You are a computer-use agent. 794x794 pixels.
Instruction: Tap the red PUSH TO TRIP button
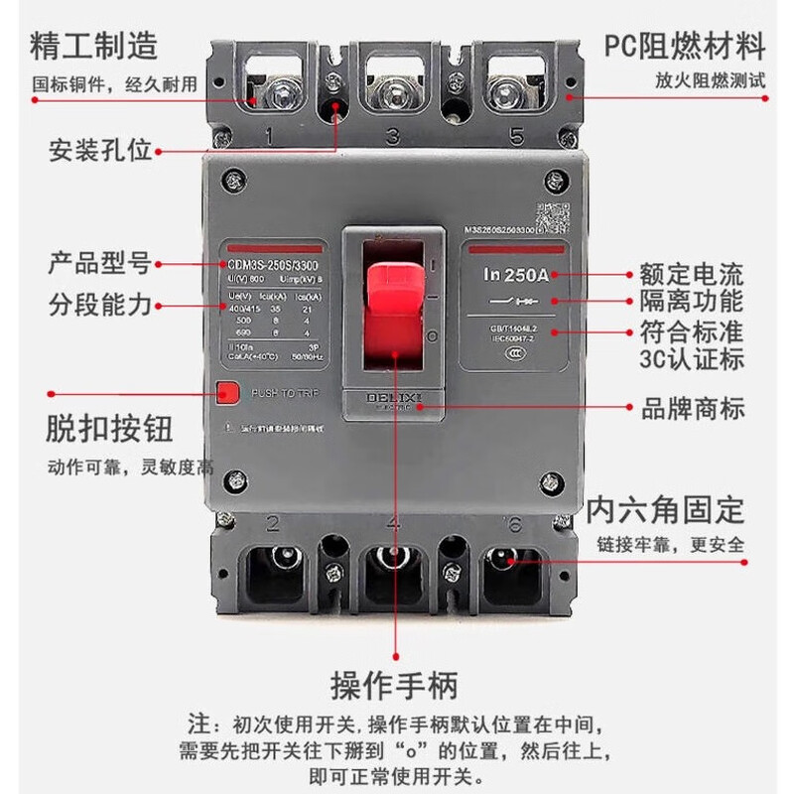coord(227,392)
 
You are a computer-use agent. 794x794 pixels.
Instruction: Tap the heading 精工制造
coord(94,46)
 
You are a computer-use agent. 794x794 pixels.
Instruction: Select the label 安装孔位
coord(100,151)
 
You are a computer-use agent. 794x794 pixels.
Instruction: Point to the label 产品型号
coord(100,264)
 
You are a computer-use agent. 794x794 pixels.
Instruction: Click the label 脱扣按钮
coord(110,428)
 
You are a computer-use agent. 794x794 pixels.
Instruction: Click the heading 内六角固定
coord(664,509)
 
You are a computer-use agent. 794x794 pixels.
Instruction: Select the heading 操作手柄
coord(395,685)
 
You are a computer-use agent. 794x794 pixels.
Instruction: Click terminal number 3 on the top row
coord(392,135)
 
